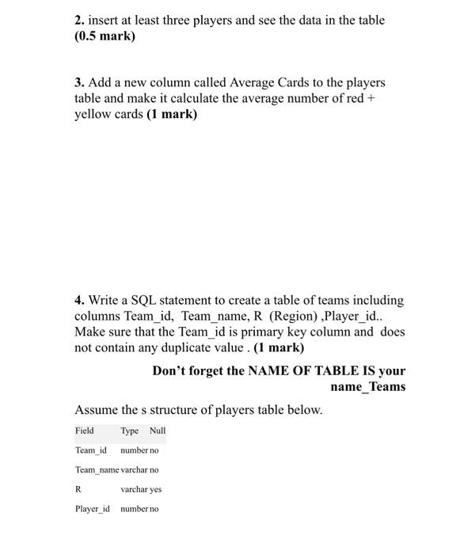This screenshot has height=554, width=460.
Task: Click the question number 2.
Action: pyautogui.click(x=79, y=20)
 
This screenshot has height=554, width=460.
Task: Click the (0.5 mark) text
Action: pyautogui.click(x=105, y=36)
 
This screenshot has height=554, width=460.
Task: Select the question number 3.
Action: pyautogui.click(x=79, y=83)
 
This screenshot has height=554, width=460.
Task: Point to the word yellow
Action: pyautogui.click(x=95, y=115)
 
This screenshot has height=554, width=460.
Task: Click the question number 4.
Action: pyautogui.click(x=79, y=301)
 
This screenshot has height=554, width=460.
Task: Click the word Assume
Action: pyautogui.click(x=99, y=410)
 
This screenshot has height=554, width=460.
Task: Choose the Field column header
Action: pyautogui.click(x=85, y=431)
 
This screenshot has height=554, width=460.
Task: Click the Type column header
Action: pyautogui.click(x=130, y=431)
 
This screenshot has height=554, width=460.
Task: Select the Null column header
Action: pyautogui.click(x=158, y=431)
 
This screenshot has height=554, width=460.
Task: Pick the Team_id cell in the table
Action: pyautogui.click(x=90, y=450)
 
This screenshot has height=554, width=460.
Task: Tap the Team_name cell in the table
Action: pyautogui.click(x=97, y=470)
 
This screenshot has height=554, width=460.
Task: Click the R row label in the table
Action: pyautogui.click(x=78, y=489)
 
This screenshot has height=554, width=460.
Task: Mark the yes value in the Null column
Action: pyautogui.click(x=155, y=489)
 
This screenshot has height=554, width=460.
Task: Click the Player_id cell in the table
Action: pyautogui.click(x=93, y=509)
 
